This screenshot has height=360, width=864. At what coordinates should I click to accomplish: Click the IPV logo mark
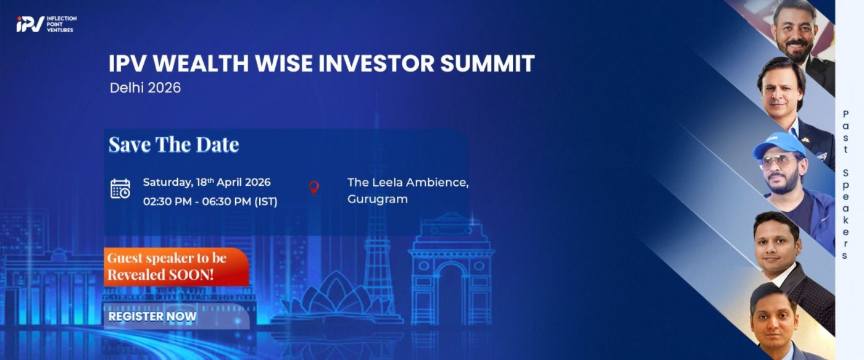[x=30, y=24]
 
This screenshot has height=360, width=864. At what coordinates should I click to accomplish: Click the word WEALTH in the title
[x=201, y=63]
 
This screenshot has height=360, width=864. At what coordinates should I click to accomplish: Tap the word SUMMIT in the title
[x=487, y=63]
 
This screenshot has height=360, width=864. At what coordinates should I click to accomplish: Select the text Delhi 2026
[x=146, y=88]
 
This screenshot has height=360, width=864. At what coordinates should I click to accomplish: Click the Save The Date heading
[x=174, y=144]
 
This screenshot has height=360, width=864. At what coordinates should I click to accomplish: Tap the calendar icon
[x=120, y=189]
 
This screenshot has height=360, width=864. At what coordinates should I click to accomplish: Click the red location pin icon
[x=314, y=188]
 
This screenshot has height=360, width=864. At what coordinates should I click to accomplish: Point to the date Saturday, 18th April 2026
[x=207, y=182]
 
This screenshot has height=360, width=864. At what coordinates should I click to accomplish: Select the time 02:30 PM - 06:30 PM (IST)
[x=210, y=201]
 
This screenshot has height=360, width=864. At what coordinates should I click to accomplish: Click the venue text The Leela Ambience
[x=408, y=182]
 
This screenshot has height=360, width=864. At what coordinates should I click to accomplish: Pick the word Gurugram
[x=378, y=199]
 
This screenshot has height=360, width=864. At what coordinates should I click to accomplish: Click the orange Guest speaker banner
[x=177, y=267]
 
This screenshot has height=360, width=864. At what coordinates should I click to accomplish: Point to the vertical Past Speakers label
[x=845, y=185]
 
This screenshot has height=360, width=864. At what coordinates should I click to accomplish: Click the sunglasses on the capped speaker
[x=777, y=162]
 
